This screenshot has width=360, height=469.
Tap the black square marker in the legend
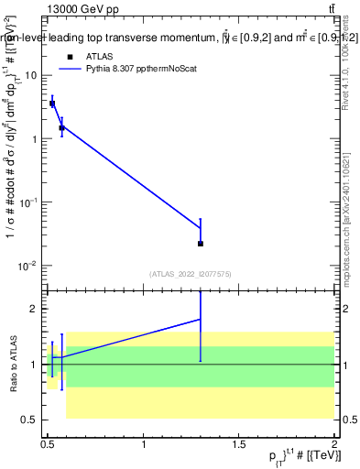point(70,56)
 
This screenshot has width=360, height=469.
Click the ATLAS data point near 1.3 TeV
point(201,244)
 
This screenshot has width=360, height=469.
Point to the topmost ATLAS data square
point(52,104)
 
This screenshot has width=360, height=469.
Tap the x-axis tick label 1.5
point(239,445)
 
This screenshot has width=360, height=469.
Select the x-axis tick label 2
point(333,445)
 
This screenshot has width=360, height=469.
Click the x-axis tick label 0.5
point(48,445)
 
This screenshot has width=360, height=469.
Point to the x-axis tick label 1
point(144,445)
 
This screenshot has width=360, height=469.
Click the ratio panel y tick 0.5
point(29,420)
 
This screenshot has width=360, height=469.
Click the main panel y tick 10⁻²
point(29,266)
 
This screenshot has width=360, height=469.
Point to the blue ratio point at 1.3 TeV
point(201,320)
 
